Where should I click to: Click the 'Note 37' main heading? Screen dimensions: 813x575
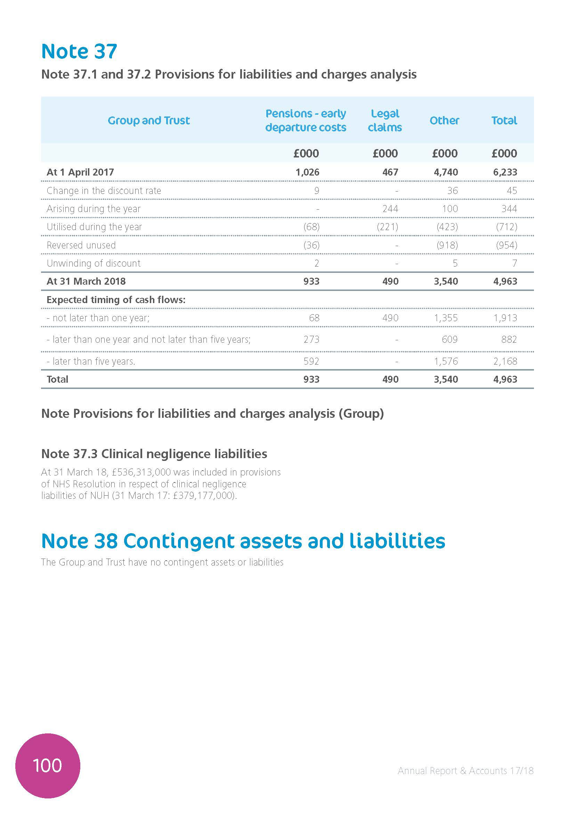click(x=79, y=51)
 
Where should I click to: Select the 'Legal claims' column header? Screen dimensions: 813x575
click(x=385, y=120)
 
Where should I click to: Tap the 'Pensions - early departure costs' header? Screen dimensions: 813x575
click(x=306, y=120)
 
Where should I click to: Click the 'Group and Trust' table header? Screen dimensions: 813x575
click(x=149, y=120)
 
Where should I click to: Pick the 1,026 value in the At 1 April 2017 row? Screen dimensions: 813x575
click(x=307, y=172)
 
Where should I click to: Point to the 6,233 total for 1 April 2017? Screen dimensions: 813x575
click(x=505, y=172)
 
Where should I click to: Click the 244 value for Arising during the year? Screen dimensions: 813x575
click(x=390, y=209)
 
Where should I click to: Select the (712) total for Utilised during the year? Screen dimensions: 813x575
click(x=506, y=227)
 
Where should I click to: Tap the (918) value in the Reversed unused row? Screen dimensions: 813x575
click(x=447, y=245)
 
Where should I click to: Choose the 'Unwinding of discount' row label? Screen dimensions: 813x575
click(x=94, y=263)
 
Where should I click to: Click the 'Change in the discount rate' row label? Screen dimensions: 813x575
click(x=104, y=191)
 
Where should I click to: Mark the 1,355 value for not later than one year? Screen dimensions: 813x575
click(x=446, y=318)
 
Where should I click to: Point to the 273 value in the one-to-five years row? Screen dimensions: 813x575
click(x=311, y=340)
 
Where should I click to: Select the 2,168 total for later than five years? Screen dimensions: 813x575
click(x=505, y=361)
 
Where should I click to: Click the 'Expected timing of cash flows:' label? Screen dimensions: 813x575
click(x=116, y=300)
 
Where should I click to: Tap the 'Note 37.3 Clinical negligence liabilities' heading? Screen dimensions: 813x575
click(x=154, y=454)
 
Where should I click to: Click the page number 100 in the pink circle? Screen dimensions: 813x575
click(x=47, y=765)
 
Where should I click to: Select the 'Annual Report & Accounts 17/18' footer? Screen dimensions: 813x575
click(x=465, y=771)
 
